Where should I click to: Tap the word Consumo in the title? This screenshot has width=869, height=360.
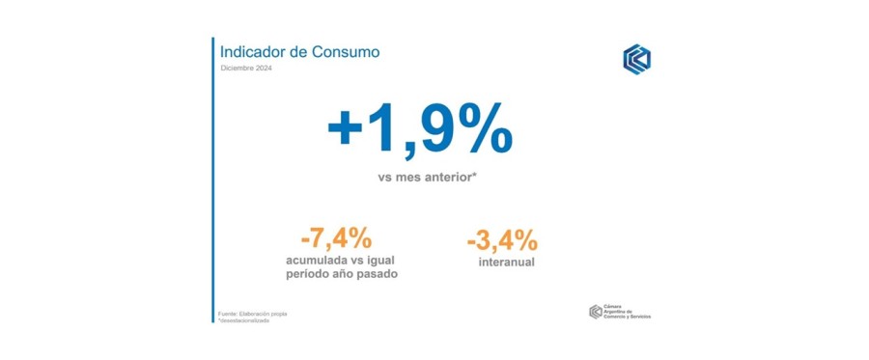[345, 51]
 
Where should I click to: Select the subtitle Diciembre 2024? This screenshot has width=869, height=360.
[245, 69]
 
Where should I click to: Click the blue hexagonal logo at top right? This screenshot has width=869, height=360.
[636, 58]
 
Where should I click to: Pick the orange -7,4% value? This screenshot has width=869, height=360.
[336, 238]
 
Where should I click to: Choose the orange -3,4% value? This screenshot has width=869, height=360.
[501, 239]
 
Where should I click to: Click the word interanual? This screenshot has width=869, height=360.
[507, 263]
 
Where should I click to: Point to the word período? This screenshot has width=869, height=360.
[311, 275]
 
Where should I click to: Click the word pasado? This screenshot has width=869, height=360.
[377, 275]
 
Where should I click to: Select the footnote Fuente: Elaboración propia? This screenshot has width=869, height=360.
[253, 314]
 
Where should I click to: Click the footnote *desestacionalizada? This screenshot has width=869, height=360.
[244, 320]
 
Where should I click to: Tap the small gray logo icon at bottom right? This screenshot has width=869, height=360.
[595, 312]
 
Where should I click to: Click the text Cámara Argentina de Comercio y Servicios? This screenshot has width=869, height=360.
[627, 312]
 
